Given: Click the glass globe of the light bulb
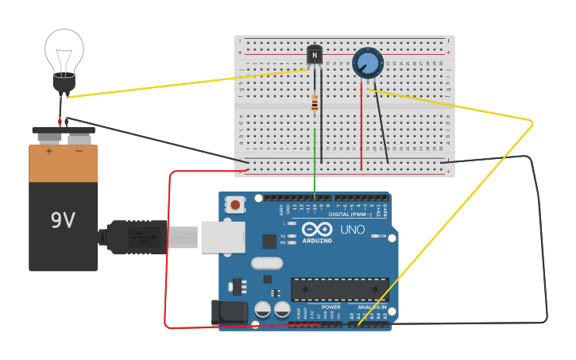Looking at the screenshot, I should pyautogui.click(x=64, y=49).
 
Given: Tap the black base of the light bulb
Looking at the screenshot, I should pyautogui.click(x=64, y=81).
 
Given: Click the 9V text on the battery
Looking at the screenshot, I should pyautogui.click(x=63, y=220).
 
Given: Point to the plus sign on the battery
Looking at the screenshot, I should pyautogui.click(x=49, y=150).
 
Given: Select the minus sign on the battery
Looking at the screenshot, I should pyautogui.click(x=79, y=150).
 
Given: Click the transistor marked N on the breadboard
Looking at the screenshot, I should pyautogui.click(x=315, y=55).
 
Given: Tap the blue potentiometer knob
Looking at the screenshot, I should pyautogui.click(x=367, y=63).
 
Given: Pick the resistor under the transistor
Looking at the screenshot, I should pyautogui.click(x=315, y=103).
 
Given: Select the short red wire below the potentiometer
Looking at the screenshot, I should pyautogui.click(x=361, y=127).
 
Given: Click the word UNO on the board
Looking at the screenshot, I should pyautogui.click(x=353, y=230).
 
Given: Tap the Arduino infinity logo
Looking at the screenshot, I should pyautogui.click(x=317, y=229).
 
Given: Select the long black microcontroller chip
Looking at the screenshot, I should pyautogui.click(x=339, y=288).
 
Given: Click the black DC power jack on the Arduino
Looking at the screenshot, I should pyautogui.click(x=230, y=312).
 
